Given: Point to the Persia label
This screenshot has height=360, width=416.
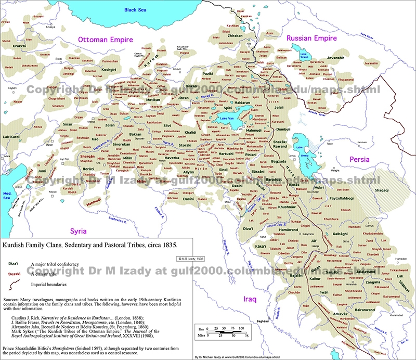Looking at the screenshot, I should [360, 159].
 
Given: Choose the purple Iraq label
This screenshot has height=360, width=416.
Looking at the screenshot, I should [254, 299].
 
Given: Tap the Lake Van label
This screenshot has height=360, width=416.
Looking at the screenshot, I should [227, 119].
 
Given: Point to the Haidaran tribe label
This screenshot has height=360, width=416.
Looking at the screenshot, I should [243, 102].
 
